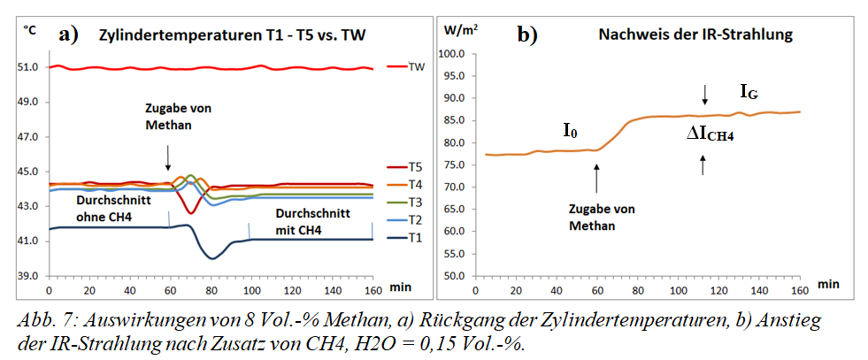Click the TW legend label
coord(416,66)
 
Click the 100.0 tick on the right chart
coord(452,54)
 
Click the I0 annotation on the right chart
coord(572,131)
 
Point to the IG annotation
coord(749,91)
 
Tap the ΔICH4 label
coord(711,134)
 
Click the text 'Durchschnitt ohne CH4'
coord(94,208)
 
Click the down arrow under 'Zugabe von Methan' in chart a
coord(168,158)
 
